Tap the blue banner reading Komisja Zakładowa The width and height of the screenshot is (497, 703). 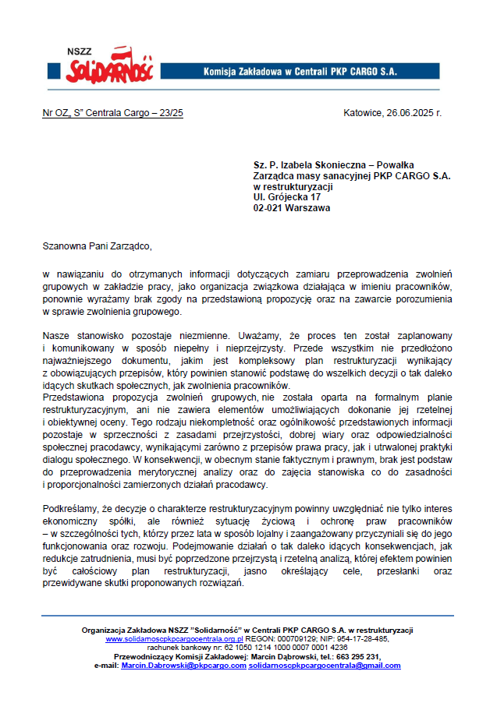click(300, 72)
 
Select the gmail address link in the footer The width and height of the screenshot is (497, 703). click(324, 666)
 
